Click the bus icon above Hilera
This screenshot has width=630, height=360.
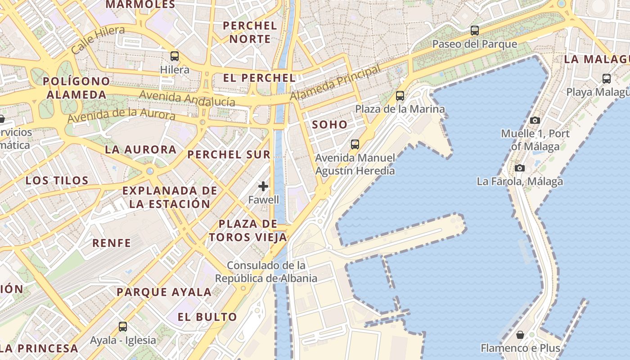[x=175, y=56]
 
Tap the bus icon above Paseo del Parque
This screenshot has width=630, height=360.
[x=474, y=31]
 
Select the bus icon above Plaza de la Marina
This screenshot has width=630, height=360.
[x=400, y=95]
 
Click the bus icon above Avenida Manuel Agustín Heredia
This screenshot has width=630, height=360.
[x=355, y=144]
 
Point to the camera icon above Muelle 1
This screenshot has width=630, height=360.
[x=535, y=120]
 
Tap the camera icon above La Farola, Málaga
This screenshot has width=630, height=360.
[x=520, y=168]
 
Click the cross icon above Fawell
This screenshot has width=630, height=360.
[x=263, y=186]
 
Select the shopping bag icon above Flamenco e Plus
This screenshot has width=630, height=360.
[x=520, y=335]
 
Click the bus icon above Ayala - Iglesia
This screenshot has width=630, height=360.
[x=122, y=327]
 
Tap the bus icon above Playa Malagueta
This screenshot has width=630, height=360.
[x=607, y=79]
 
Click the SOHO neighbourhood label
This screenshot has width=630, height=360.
[x=330, y=125]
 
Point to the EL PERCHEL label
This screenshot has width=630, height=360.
[x=260, y=78]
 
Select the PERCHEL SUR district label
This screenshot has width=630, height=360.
[x=229, y=154]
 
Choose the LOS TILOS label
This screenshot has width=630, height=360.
[x=57, y=180]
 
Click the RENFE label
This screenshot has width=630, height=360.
[x=112, y=243]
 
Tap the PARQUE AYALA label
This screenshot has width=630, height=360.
[x=164, y=292]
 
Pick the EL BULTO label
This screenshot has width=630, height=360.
[x=207, y=317]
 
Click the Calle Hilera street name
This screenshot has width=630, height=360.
[x=98, y=40]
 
